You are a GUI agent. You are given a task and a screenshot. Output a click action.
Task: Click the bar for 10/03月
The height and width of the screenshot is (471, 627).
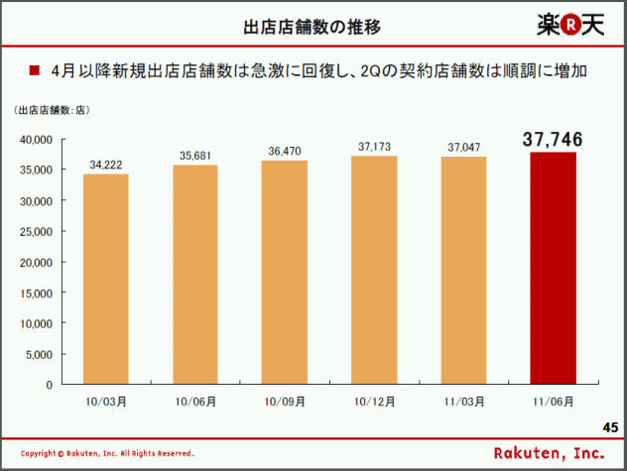pos(106,279)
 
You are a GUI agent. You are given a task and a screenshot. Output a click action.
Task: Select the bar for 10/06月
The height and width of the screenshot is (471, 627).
pos(195,274)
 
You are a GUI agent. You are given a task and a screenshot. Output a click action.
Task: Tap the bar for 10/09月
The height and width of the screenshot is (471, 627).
pos(285,272)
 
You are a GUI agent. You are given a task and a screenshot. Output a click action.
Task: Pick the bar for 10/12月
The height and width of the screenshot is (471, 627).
pos(375,269)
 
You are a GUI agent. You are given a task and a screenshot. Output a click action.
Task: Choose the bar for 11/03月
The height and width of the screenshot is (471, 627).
pos(464,270)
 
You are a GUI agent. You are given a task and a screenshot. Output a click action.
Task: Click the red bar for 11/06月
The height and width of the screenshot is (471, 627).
pos(554,268)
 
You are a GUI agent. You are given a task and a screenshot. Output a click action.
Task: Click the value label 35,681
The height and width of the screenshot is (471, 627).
pos(195,156)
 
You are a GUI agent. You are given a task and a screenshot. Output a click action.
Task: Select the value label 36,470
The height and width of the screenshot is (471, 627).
pos(285,152)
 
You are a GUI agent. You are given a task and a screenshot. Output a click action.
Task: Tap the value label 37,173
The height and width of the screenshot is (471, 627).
pos(375,147)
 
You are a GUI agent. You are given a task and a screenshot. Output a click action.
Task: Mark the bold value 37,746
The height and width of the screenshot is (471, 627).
pos(554,140)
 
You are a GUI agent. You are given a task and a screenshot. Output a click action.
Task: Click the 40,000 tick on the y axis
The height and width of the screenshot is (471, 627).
pos(35,140)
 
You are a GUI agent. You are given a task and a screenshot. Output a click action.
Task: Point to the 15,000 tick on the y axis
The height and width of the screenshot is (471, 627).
pos(35,293)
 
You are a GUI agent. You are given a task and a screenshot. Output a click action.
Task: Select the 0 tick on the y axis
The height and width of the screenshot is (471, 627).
pos(48,384)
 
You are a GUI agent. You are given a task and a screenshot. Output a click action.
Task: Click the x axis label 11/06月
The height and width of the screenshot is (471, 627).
pos(554,402)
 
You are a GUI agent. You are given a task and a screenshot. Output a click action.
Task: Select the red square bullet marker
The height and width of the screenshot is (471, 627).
pos(34,71)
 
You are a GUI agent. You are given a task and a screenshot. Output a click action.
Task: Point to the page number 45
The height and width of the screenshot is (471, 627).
pos(610,426)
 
